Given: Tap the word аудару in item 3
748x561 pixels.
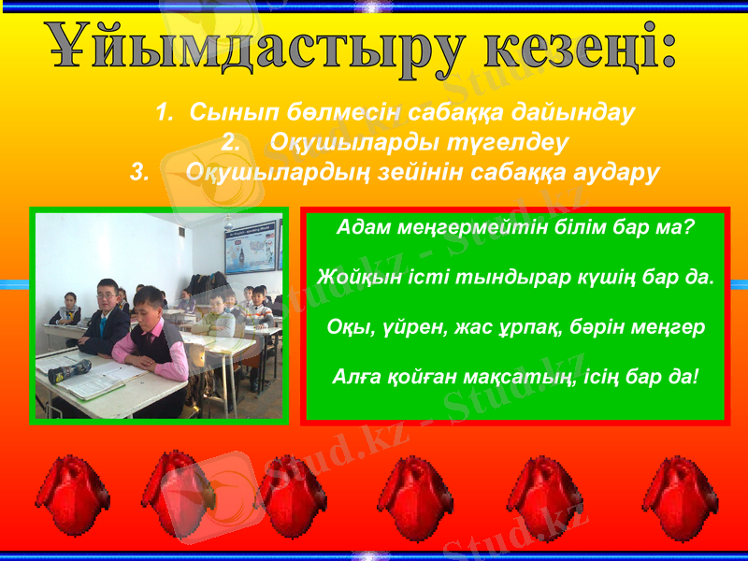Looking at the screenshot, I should click(x=612, y=173).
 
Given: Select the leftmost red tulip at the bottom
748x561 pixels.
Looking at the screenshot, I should click(x=72, y=496).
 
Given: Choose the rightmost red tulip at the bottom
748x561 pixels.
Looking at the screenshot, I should click(x=677, y=496).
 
